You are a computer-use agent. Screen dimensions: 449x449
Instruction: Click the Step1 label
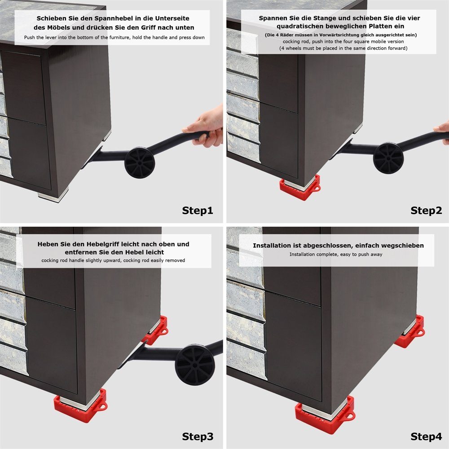tap(198, 211)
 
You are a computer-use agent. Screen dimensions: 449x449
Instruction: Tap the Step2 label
tap(426, 211)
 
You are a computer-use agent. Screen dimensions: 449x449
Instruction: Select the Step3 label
tap(198, 437)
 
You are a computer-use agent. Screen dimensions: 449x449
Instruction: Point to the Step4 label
tap(426, 437)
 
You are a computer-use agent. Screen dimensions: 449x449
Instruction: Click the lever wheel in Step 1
tap(140, 163)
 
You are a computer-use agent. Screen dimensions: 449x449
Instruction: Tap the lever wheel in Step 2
tap(388, 158)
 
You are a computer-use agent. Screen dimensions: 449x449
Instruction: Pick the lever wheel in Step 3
tap(195, 365)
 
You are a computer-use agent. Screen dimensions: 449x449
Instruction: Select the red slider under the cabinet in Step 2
tap(300, 188)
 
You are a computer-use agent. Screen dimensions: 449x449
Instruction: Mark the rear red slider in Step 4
tap(410, 331)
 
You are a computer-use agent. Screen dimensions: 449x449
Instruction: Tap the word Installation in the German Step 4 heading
tap(274, 246)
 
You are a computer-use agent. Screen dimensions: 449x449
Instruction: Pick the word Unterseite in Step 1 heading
tap(172, 18)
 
